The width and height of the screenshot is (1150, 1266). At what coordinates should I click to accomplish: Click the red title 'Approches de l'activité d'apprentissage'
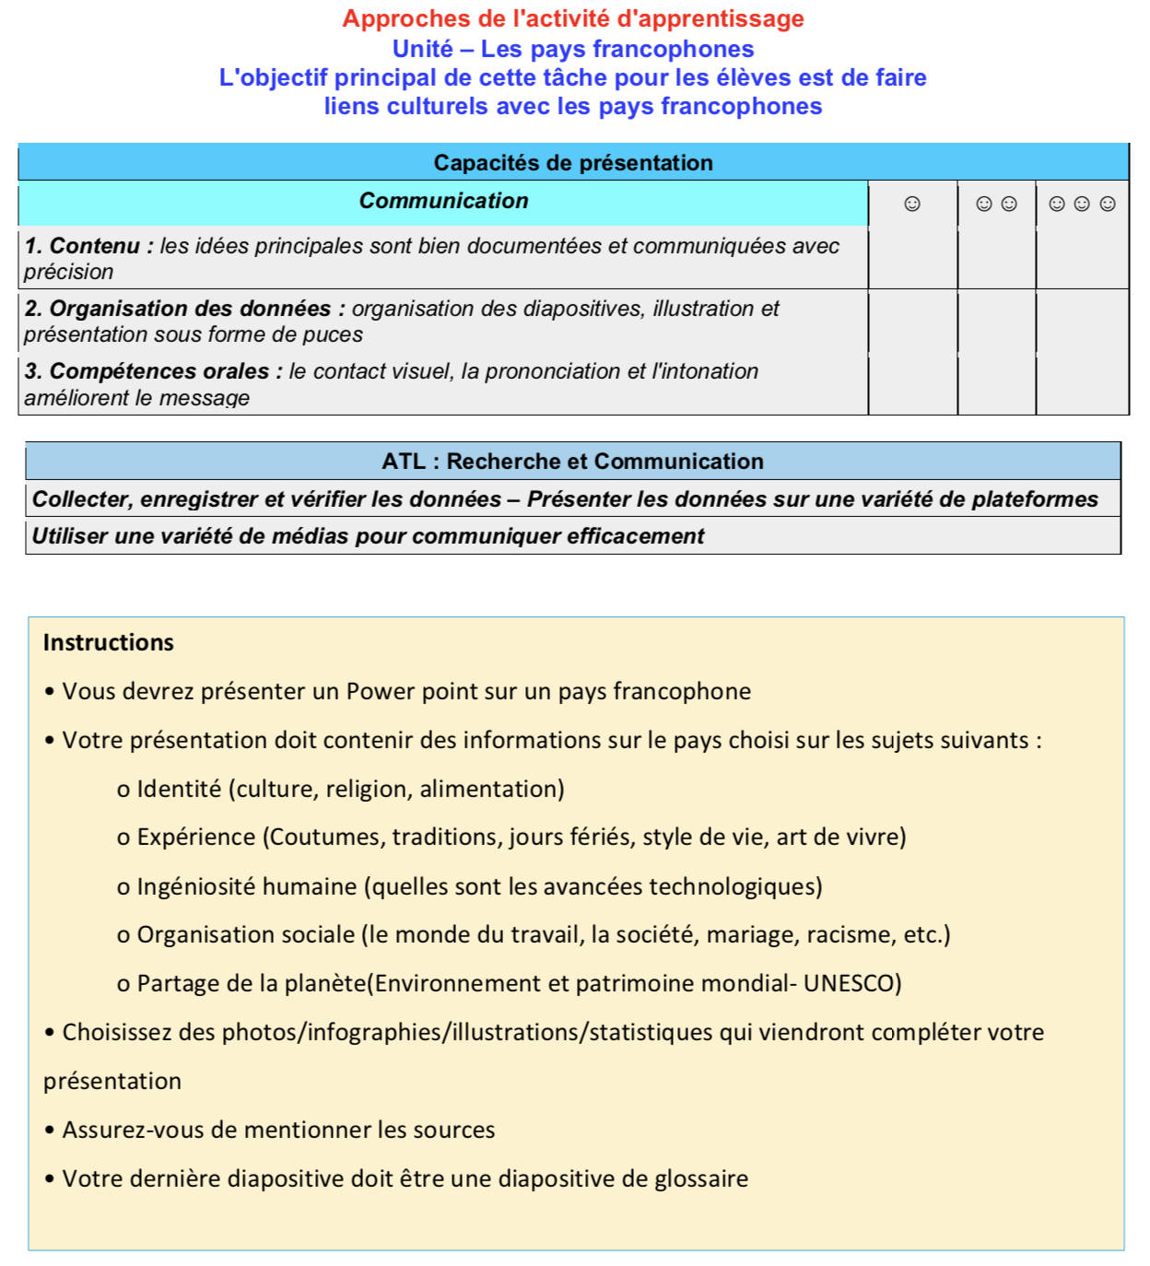[x=573, y=18]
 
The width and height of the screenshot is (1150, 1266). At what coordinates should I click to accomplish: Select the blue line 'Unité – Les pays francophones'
[x=573, y=49]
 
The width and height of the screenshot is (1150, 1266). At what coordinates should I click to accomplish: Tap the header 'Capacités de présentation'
[x=573, y=163]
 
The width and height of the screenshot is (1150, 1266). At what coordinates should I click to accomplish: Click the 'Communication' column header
[x=443, y=201]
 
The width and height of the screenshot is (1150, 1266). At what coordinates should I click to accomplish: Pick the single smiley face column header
[x=912, y=204]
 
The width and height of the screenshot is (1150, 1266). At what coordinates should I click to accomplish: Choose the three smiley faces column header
[x=1082, y=204]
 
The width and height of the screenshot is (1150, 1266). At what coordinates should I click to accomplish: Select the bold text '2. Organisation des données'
[x=178, y=309]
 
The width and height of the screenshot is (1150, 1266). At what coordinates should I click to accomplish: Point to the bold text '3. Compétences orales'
[x=147, y=371]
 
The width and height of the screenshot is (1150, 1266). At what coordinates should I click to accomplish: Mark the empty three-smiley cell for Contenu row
[x=1082, y=258]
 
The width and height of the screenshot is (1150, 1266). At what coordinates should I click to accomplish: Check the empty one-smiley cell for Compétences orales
[x=912, y=384]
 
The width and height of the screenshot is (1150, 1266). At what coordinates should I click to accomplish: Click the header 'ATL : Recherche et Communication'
[x=573, y=462]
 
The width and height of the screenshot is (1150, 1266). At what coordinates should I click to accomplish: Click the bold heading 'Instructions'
[x=109, y=642]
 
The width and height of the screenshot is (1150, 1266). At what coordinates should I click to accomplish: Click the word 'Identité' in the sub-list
[x=179, y=789]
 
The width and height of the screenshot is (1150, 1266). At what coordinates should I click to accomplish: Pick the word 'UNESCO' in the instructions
[x=851, y=983]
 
